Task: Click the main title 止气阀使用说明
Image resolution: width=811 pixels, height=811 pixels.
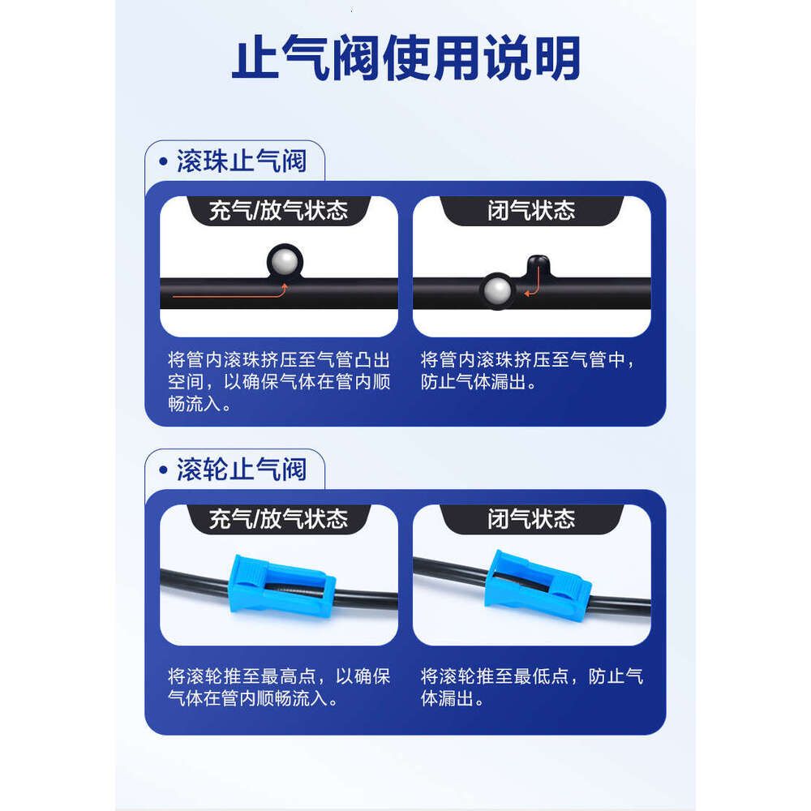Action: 406,58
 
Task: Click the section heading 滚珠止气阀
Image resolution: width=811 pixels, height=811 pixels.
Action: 242,161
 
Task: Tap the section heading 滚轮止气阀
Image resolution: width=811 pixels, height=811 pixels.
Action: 242,470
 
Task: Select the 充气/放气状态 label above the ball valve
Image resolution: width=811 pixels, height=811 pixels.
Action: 278,211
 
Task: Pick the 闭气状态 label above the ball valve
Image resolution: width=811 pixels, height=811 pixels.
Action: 531,211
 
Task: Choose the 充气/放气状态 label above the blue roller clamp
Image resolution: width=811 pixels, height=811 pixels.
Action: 278,519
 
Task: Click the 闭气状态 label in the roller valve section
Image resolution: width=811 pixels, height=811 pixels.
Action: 531,519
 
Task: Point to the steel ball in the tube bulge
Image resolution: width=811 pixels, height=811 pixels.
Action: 285,262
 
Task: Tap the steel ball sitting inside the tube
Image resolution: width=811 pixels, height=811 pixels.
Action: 498,290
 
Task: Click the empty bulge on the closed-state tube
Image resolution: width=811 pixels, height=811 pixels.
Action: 539,265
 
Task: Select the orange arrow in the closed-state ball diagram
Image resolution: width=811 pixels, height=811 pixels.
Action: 534,285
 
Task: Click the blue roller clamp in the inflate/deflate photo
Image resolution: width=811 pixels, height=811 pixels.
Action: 282,586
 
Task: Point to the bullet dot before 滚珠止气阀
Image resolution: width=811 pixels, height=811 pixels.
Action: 164,162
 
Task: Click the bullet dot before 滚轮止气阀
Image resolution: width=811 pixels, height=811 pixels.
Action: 164,470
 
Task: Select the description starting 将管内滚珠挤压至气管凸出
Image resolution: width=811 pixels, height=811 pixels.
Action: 279,381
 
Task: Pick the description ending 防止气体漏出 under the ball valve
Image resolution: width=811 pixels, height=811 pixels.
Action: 528,371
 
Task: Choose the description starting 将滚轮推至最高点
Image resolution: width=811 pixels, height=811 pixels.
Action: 279,687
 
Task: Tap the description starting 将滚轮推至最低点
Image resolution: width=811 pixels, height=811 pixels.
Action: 532,687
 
